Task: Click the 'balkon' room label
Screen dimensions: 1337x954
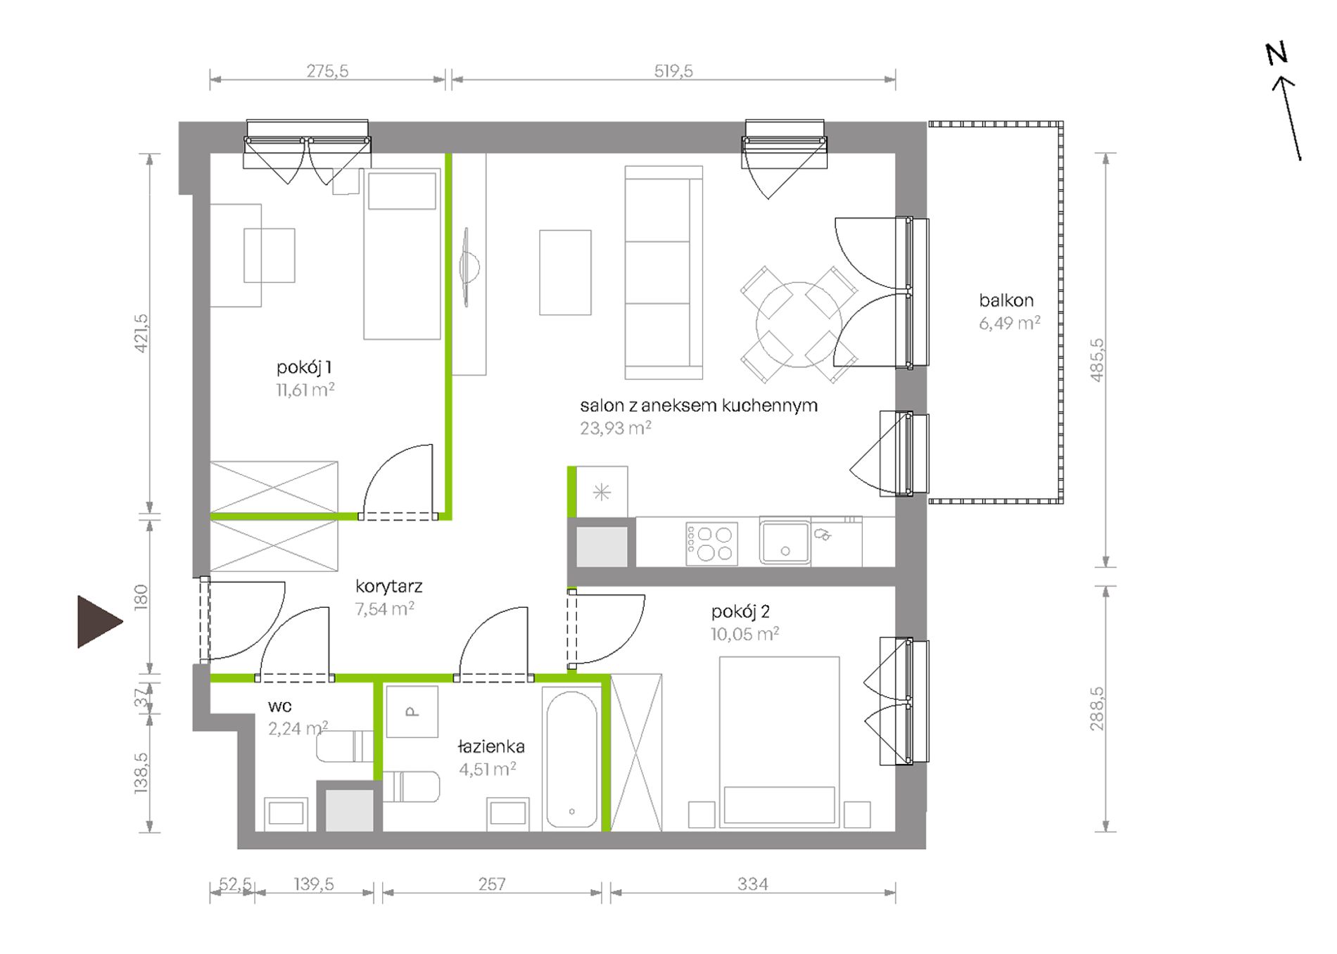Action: (1006, 300)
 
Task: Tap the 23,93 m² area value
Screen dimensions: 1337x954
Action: (615, 428)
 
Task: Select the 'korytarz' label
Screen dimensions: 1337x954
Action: (388, 586)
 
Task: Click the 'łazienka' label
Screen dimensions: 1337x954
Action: (490, 746)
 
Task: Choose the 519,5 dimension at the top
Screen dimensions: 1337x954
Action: (673, 71)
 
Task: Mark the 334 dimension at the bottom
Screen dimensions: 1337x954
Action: (752, 884)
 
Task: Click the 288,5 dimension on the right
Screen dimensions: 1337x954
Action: (1097, 708)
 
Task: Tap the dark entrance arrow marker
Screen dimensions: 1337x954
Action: (99, 621)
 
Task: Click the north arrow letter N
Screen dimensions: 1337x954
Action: (1277, 54)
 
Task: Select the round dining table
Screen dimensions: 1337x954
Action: (799, 324)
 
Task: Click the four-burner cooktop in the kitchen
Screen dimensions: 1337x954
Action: (711, 543)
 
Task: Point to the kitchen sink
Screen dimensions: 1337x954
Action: (785, 542)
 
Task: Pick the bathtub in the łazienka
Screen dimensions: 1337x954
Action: (571, 759)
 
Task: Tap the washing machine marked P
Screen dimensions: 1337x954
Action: (412, 712)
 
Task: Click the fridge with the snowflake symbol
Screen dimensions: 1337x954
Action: (602, 492)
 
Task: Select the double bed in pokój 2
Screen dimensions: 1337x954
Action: (780, 742)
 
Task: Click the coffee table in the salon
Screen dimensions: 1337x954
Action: (565, 272)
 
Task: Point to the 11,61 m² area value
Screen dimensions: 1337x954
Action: (305, 390)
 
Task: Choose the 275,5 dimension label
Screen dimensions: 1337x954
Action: (327, 71)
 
